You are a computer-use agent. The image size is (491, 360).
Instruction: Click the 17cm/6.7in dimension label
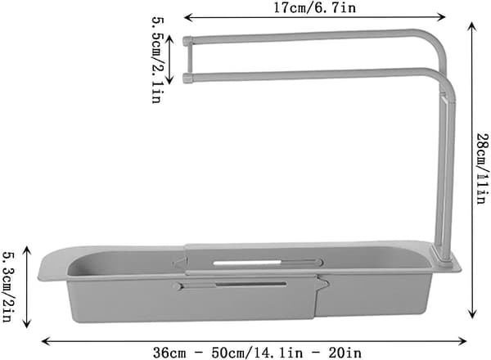tap(315, 7)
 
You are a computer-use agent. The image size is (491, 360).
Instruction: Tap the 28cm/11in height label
tap(482, 169)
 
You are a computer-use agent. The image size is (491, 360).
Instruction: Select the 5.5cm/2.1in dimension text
tap(157, 60)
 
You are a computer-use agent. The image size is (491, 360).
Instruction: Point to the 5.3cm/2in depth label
tap(7, 287)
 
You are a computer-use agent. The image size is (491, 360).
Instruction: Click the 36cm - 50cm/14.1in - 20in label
tap(257, 353)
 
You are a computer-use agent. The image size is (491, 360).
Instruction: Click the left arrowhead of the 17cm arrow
tap(187, 17)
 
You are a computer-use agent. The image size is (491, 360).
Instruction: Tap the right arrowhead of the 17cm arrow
tap(442, 17)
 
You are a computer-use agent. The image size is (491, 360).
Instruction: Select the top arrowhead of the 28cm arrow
tap(472, 27)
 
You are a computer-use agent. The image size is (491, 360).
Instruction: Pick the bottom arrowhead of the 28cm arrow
tap(472, 314)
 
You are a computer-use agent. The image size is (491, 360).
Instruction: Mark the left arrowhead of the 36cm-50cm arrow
tap(46, 341)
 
